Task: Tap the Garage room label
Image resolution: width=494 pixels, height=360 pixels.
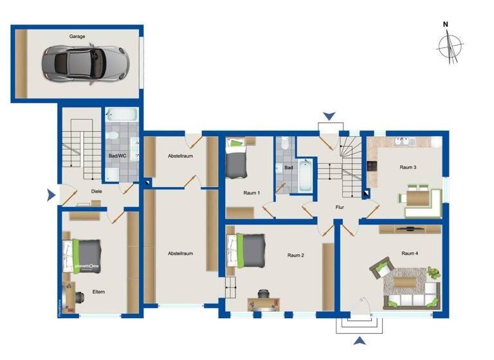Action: (x=77, y=37)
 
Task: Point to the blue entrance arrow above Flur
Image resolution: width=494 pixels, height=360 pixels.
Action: (x=329, y=116)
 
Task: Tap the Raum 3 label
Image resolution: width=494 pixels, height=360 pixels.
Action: (x=408, y=168)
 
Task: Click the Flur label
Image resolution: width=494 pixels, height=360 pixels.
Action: (x=340, y=208)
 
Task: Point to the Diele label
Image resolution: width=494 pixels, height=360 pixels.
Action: (x=96, y=191)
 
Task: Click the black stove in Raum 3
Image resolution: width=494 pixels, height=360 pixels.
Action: (x=372, y=166)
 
